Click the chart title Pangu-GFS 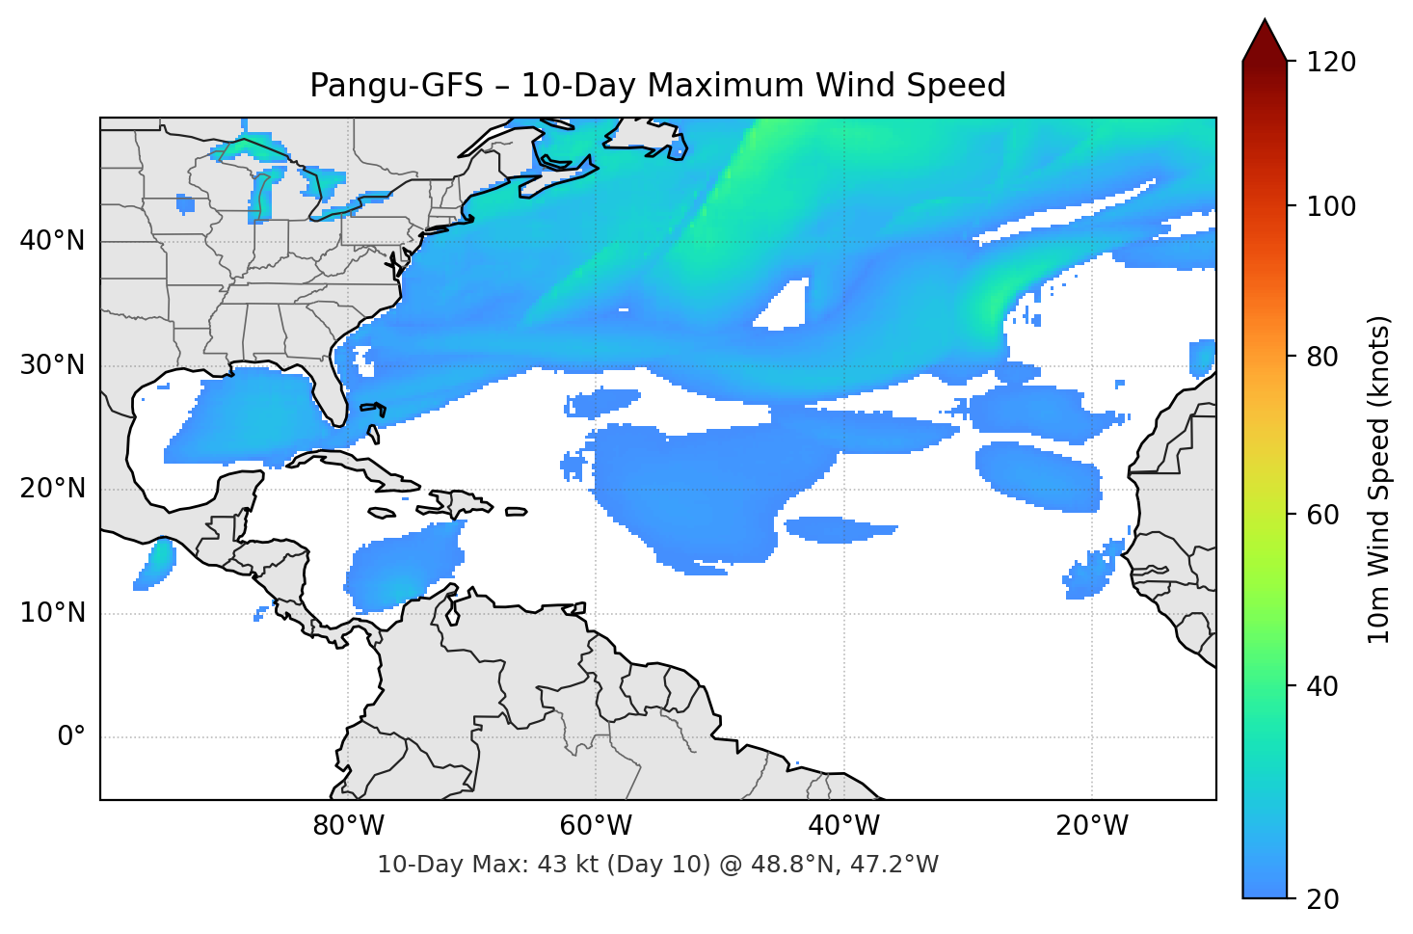657,86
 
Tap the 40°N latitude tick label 52,241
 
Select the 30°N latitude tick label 52,365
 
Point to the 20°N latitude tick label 52,489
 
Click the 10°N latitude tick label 52,613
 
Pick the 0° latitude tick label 71,737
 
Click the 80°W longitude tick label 348,826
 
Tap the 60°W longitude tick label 596,826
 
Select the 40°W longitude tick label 843,826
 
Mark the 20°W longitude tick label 1091,826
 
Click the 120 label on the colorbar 1331,63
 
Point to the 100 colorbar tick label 1331,206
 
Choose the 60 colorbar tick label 1322,515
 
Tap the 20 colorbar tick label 1322,899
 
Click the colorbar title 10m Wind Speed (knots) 1379,479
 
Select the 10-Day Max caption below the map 657,865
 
